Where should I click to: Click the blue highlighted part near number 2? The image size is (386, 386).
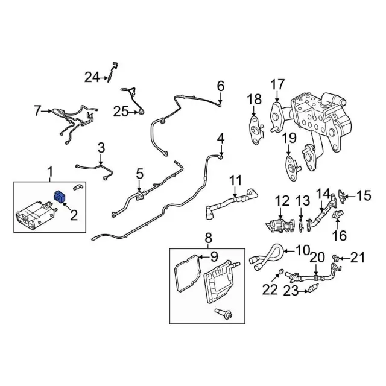pyautogui.click(x=60, y=197)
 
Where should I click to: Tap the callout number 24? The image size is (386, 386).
pyautogui.click(x=92, y=77)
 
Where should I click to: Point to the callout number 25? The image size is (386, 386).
pyautogui.click(x=121, y=110)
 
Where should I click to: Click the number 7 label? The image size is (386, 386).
pyautogui.click(x=37, y=110)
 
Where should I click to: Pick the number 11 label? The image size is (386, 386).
pyautogui.click(x=235, y=179)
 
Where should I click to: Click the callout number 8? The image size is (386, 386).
pyautogui.click(x=209, y=238)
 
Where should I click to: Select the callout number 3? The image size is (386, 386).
pyautogui.click(x=101, y=147)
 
